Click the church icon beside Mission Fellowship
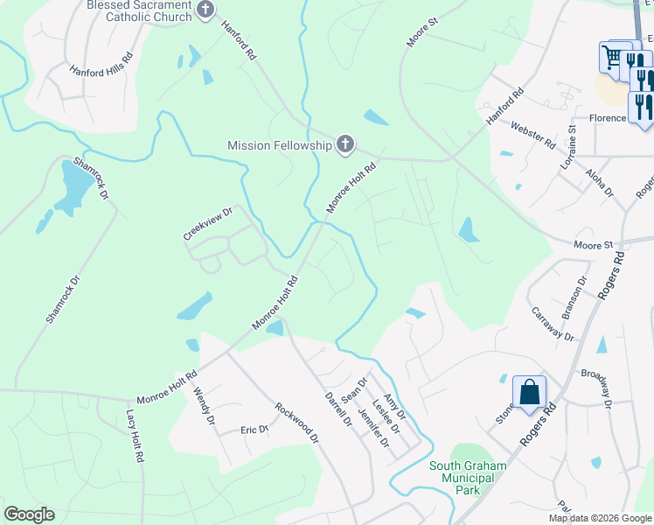345,144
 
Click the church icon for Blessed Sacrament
206,10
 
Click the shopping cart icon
612,58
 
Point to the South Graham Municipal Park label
467,478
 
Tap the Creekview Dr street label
207,224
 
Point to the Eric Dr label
254,430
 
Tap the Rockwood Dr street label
297,421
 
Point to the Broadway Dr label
596,388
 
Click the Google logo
29,514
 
